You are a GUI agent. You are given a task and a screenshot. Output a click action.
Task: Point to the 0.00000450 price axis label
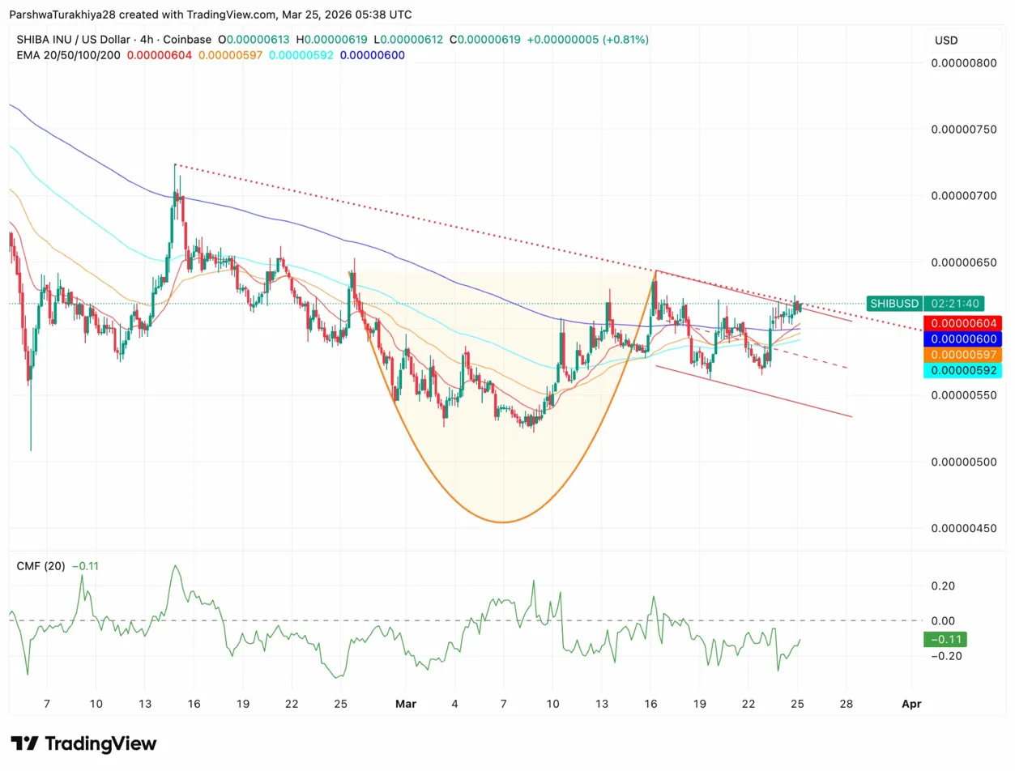(x=963, y=528)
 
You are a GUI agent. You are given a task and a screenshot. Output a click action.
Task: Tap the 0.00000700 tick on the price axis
(x=963, y=196)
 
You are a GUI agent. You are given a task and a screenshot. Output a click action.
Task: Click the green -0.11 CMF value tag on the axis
(x=945, y=640)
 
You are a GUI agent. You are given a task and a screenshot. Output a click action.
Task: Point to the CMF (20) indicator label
(x=41, y=566)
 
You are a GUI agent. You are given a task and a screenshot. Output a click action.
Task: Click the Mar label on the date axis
(x=405, y=704)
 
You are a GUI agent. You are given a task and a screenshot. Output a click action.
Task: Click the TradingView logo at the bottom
(x=83, y=743)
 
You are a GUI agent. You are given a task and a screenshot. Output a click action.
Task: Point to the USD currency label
(x=945, y=40)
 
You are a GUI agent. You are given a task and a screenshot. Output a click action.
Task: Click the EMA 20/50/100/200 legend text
(x=70, y=54)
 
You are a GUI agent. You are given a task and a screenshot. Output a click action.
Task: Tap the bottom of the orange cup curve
(x=503, y=522)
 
